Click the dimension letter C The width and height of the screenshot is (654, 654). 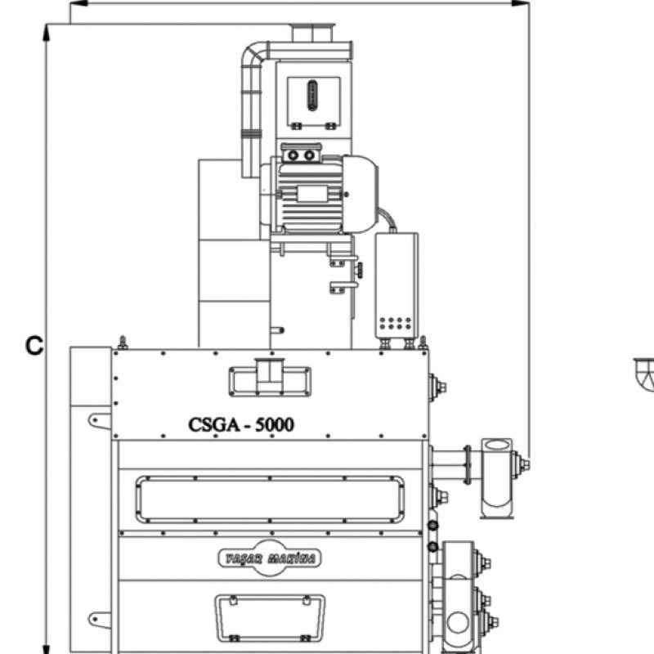34,345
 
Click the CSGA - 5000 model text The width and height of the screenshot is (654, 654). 241,424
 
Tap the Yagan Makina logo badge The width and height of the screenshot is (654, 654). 270,558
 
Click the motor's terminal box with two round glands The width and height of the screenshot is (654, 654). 301,154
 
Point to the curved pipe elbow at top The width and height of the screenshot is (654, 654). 253,54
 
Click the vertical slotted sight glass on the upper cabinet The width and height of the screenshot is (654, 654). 312,96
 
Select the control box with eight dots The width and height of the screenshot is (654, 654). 396,285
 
